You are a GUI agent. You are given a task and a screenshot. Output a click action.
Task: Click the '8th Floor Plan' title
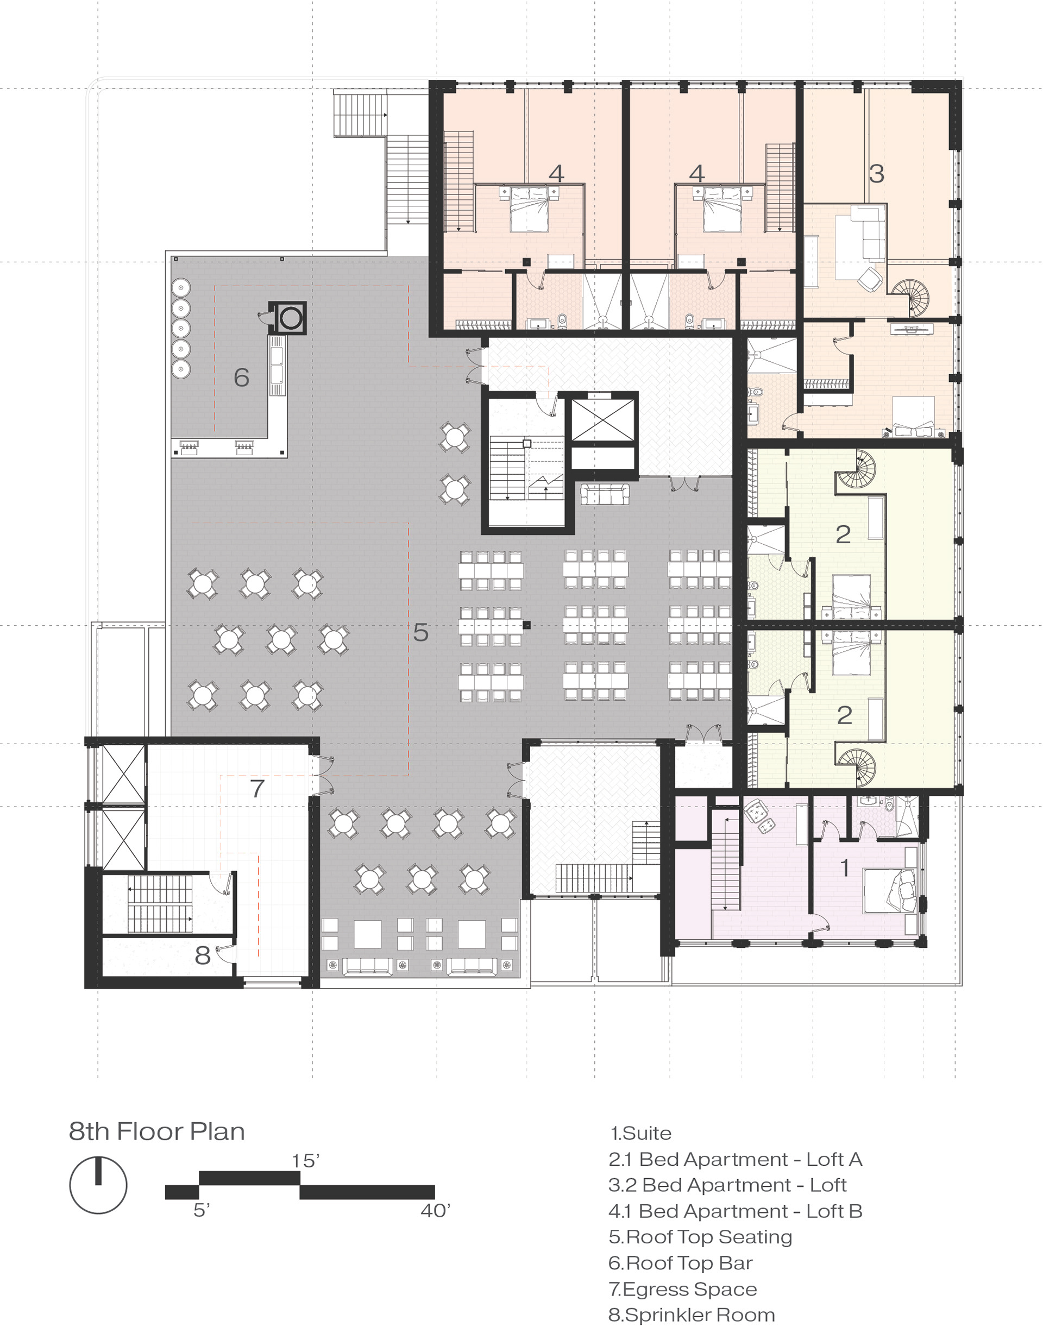[x=156, y=1131]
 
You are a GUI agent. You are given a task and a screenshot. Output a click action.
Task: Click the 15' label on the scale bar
[x=306, y=1161]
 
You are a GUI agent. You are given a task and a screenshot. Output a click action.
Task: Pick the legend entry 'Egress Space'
[x=683, y=1289]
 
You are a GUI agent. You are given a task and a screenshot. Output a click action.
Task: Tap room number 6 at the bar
[x=242, y=378]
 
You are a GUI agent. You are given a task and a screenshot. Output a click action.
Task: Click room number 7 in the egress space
[x=257, y=788]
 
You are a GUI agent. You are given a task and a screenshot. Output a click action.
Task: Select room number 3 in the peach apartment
[x=876, y=174]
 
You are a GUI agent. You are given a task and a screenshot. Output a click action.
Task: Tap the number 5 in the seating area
[x=421, y=633]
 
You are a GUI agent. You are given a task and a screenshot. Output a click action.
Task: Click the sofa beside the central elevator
[x=605, y=494]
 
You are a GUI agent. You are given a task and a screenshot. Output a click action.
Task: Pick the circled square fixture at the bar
[x=289, y=318]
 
